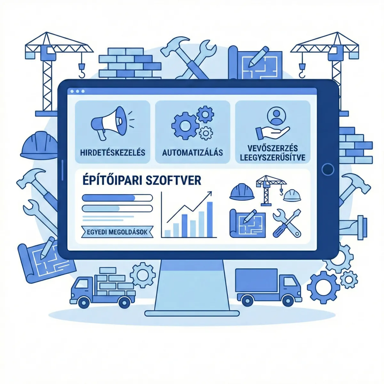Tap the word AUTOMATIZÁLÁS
coord(192,152)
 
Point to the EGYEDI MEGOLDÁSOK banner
coord(117,232)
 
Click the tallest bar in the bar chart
coord(210,219)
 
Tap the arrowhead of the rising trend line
coord(210,194)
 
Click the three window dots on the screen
coord(77,92)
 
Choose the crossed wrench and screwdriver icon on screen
coord(287,223)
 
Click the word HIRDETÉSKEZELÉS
coord(113,152)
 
